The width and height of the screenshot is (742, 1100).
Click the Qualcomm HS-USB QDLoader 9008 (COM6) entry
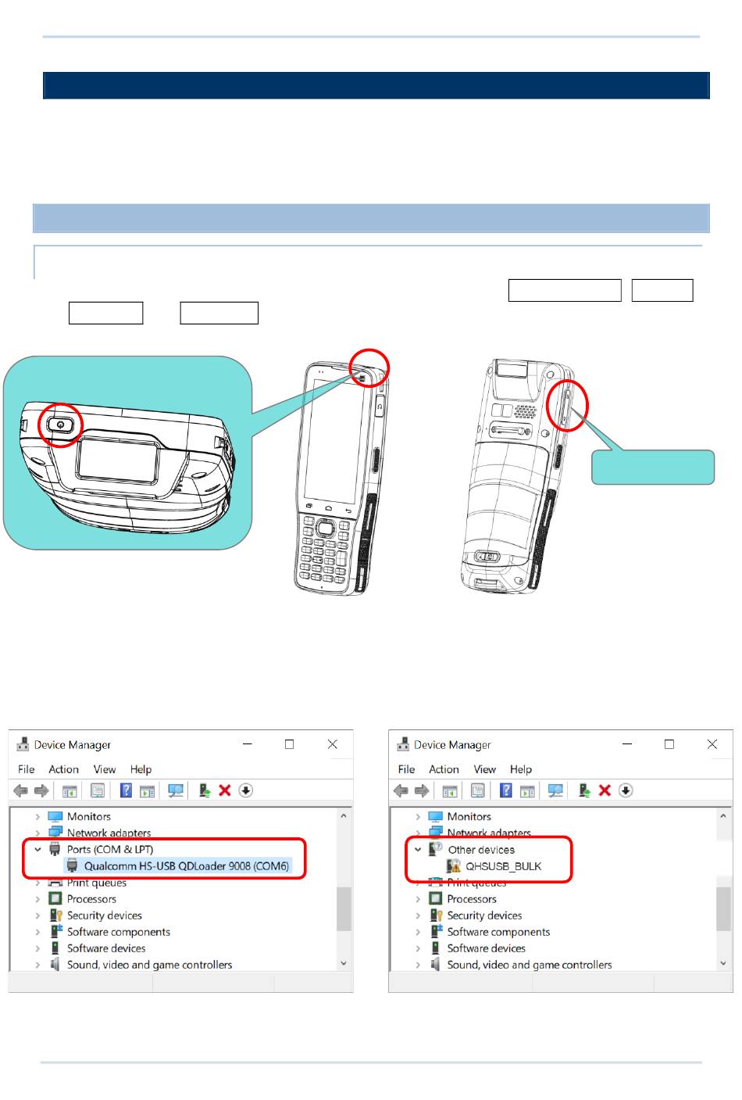point(187,865)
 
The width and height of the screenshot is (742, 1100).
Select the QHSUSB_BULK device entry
point(503,866)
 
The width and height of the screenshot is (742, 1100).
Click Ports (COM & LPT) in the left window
point(110,849)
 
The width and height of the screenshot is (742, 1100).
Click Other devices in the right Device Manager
point(481,850)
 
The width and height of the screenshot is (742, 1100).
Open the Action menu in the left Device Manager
point(63,769)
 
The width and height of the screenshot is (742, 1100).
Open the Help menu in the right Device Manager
point(521,769)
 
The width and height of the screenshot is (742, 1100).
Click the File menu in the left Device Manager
point(26,769)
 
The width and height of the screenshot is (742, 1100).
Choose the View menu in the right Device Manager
point(484,769)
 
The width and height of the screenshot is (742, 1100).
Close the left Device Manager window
point(332,744)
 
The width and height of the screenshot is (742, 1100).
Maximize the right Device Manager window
point(669,744)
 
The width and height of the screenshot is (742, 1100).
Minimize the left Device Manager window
point(248,744)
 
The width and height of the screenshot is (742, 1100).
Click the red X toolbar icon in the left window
point(224,790)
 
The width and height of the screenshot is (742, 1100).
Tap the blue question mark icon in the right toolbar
point(505,790)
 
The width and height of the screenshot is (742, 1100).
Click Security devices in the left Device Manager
point(104,915)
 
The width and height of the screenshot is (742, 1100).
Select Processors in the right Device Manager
point(472,898)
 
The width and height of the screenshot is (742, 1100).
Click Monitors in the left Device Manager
point(89,816)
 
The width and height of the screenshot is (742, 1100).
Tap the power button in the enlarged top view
point(60,425)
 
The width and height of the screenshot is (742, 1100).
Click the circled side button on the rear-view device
point(566,407)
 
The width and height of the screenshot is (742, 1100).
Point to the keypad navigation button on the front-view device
point(324,528)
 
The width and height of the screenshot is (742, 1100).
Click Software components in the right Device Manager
point(498,932)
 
